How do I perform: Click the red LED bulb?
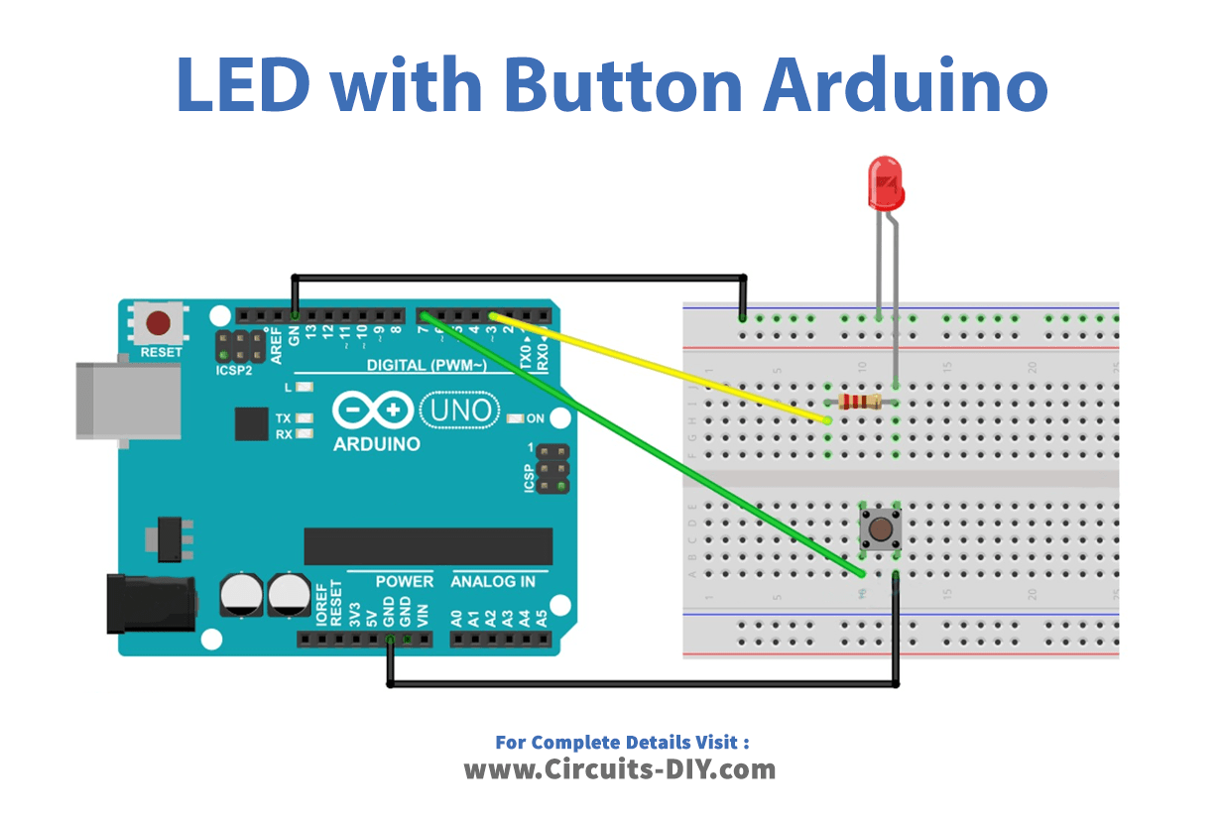pos(886,182)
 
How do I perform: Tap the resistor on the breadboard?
pos(860,402)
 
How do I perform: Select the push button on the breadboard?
pos(879,528)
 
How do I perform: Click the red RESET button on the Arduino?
pos(159,323)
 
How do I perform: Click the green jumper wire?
pos(645,446)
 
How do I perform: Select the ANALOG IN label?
pos(493,581)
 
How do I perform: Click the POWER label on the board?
pos(404,581)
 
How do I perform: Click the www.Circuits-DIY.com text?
pos(620,768)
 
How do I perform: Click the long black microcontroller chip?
pos(428,546)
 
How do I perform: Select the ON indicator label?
pos(535,418)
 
